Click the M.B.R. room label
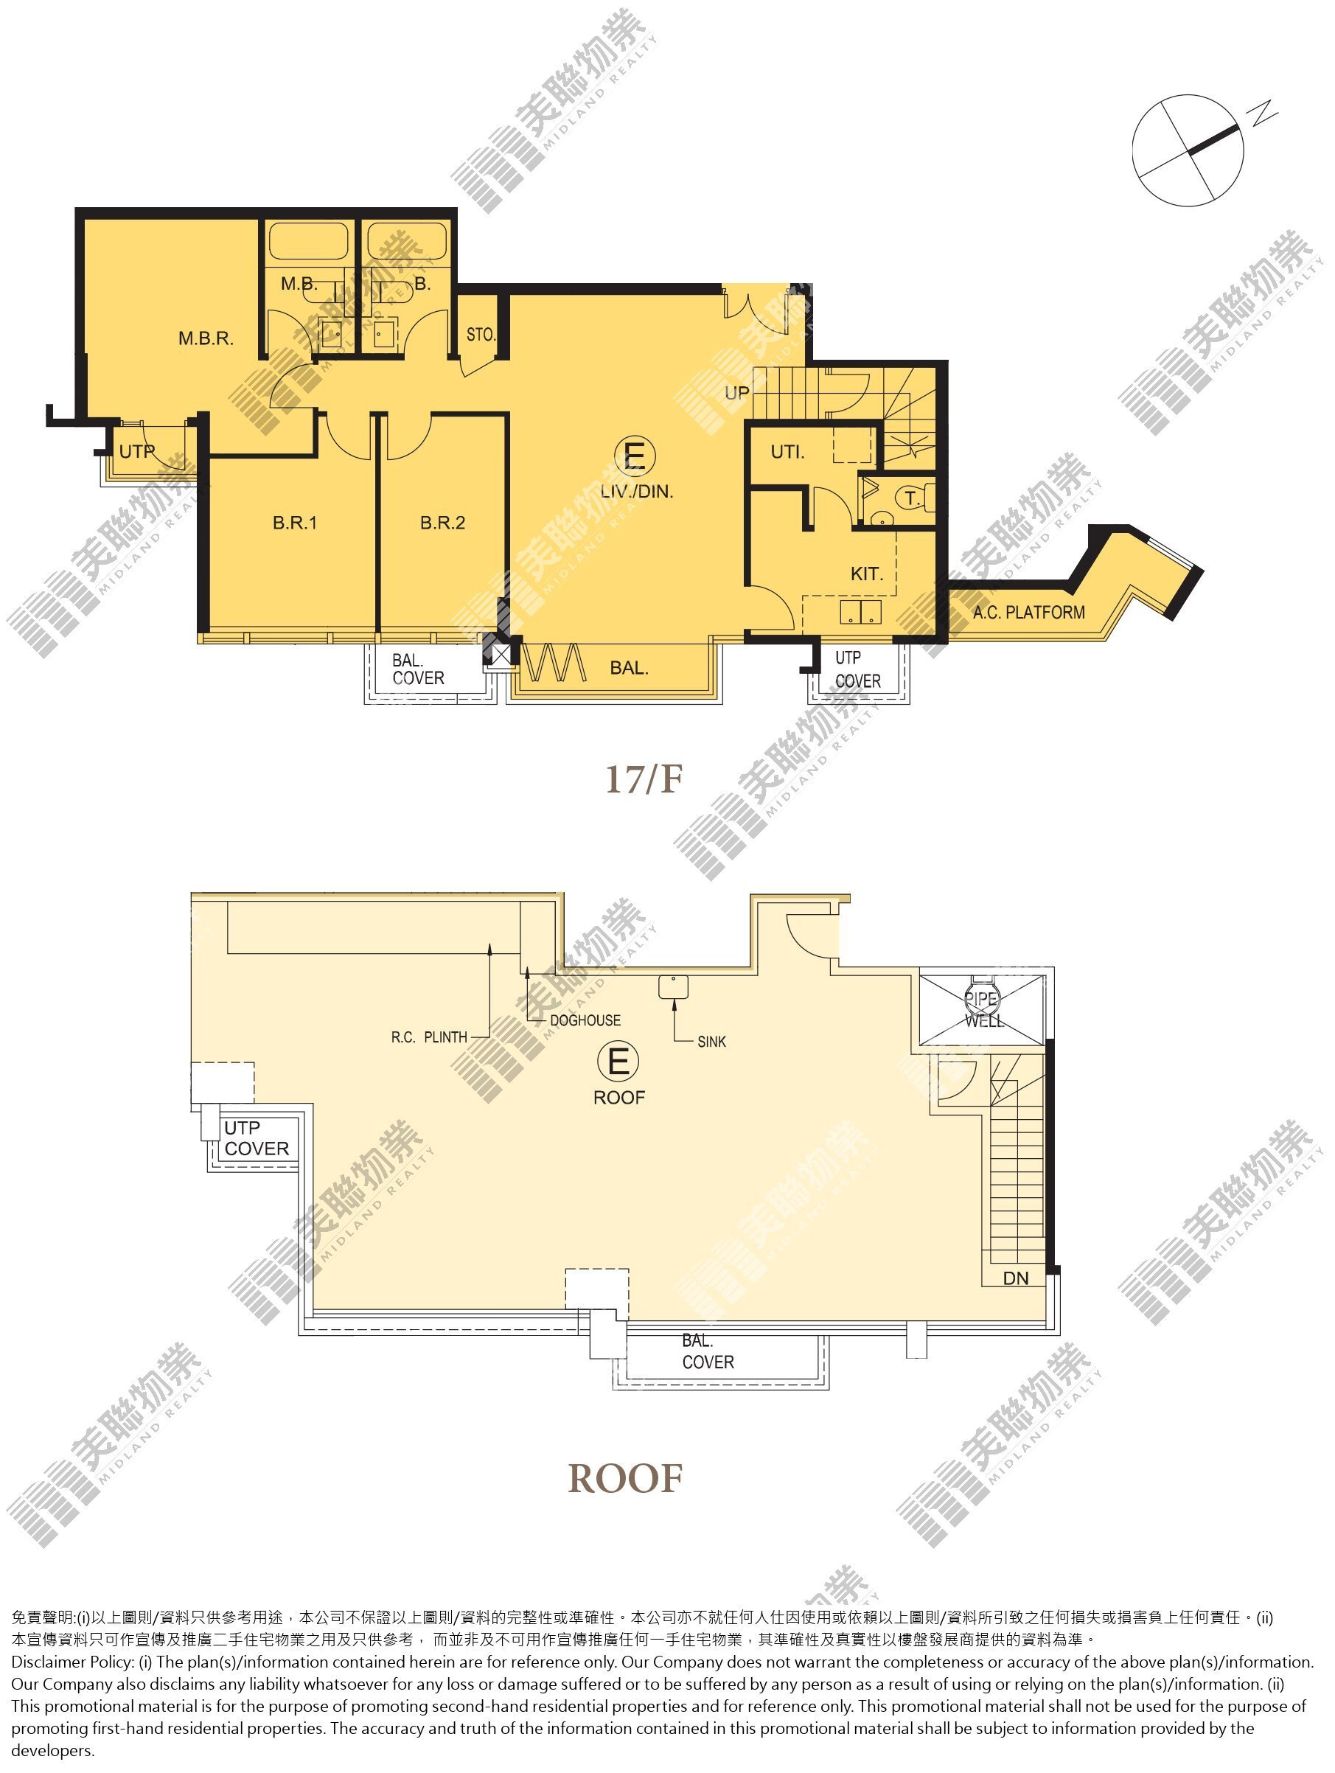(x=206, y=338)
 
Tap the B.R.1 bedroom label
(x=295, y=523)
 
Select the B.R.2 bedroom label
(x=442, y=523)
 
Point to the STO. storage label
(x=481, y=334)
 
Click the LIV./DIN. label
(x=637, y=491)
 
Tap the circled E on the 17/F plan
(x=635, y=456)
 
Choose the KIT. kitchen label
(x=867, y=574)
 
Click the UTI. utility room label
(x=788, y=452)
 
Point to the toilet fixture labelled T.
(x=913, y=498)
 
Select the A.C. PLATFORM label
(x=1029, y=613)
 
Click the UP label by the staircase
(x=736, y=393)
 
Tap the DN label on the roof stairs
(x=1015, y=1278)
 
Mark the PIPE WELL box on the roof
(x=982, y=1009)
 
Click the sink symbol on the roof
(x=674, y=986)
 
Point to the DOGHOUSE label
(x=585, y=1020)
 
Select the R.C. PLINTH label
(x=429, y=1037)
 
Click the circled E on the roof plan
(x=618, y=1062)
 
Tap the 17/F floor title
(x=644, y=779)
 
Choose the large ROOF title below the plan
(x=625, y=1479)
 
